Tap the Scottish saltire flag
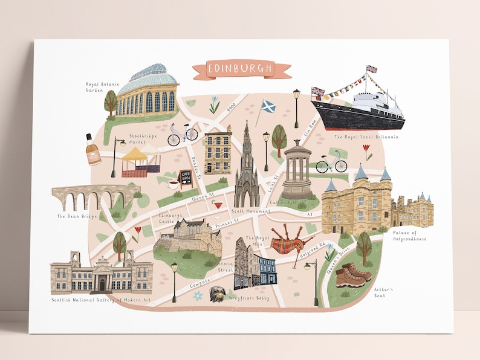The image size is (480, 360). [x=268, y=107]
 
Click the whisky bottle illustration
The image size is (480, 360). [x=93, y=150]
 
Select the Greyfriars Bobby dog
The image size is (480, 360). [x=216, y=294]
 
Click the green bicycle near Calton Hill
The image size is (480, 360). [x=332, y=164]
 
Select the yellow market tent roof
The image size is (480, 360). [x=135, y=155]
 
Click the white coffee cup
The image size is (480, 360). [x=172, y=184]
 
